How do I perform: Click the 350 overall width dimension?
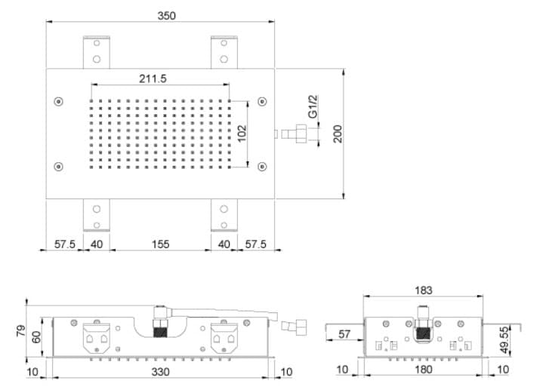167,16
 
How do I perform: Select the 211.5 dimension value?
153,79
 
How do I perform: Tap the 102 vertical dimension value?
242,134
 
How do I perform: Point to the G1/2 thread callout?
313,106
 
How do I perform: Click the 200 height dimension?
338,134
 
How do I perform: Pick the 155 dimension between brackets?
161,244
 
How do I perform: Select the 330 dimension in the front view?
161,372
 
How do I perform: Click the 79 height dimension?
20,330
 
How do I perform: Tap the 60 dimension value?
36,337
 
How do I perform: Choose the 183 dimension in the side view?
424,290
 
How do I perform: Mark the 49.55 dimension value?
505,339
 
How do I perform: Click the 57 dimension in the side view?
344,334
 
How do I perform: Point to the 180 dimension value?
423,370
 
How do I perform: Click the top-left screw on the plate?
58,101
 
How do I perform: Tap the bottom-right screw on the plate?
262,167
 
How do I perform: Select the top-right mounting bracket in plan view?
224,52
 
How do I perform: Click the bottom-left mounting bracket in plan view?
97,215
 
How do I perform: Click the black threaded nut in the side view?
423,333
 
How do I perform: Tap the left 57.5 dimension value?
65,244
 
